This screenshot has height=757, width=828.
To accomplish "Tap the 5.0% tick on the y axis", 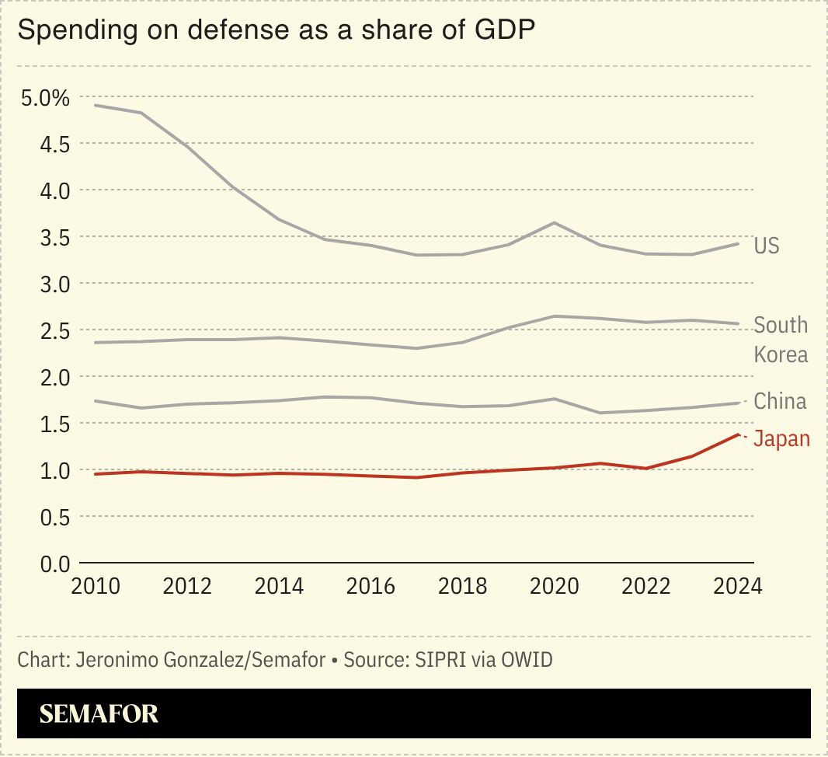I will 45,98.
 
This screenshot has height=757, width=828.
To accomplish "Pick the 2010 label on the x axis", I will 96,586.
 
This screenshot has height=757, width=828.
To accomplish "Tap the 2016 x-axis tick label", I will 371,586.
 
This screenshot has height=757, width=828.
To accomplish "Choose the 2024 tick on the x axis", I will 737,586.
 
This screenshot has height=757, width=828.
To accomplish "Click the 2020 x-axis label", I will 554,586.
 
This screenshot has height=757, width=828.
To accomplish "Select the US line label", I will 766,246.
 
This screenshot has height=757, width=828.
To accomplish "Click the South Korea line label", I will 781,340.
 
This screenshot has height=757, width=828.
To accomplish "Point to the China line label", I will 780,402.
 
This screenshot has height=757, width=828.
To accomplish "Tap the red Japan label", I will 781,439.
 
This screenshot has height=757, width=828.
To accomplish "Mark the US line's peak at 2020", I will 554,223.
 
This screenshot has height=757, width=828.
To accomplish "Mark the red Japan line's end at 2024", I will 737,434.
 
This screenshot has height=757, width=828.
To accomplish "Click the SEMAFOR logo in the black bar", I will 99,713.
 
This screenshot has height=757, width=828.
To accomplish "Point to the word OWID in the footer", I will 525,661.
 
